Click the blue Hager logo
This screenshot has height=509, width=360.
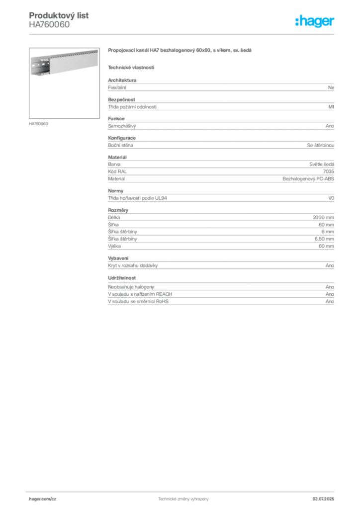(315, 21)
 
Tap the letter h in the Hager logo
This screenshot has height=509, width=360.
(300, 21)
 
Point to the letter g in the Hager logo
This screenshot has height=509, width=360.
(316, 22)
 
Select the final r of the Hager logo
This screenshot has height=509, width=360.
(333, 22)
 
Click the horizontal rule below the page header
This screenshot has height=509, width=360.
(183, 34)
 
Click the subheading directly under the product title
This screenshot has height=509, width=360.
(131, 67)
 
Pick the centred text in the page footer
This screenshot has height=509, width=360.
(181, 499)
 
